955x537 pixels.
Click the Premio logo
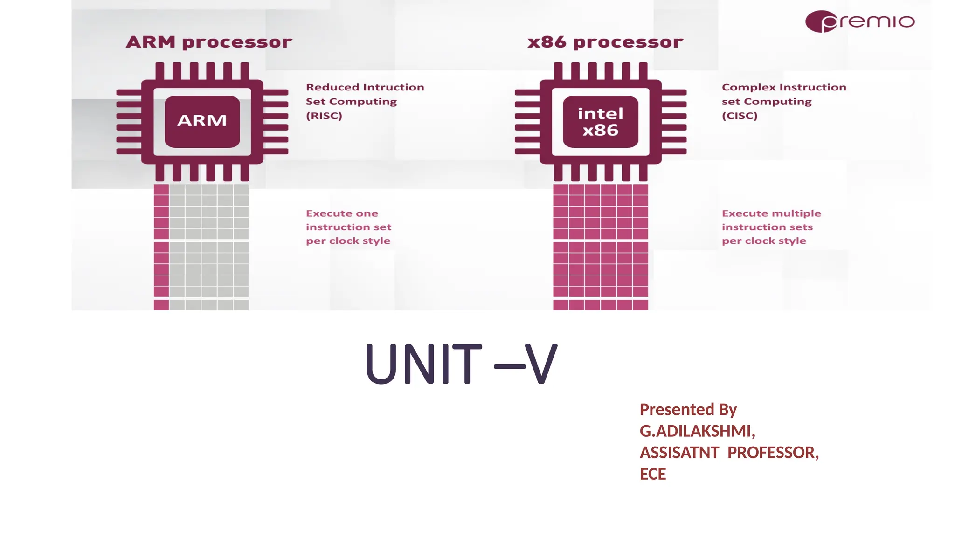tap(860, 21)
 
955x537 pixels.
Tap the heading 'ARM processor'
tap(209, 42)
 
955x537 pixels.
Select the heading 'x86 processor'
tap(605, 42)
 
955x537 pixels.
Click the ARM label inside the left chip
tap(202, 121)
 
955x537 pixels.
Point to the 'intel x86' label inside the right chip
tap(600, 122)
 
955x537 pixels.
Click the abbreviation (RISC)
tap(324, 116)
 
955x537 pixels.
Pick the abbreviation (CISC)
tap(740, 116)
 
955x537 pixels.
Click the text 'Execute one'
tap(342, 213)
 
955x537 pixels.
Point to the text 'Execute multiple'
tap(771, 213)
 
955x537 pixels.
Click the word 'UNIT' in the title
tap(423, 364)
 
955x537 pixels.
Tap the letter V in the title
tap(541, 364)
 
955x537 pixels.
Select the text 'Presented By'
tap(688, 410)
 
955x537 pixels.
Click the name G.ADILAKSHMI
tap(697, 431)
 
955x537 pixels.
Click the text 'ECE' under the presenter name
tap(653, 474)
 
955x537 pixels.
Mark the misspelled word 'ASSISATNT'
tap(679, 453)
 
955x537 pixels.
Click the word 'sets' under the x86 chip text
tap(801, 227)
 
